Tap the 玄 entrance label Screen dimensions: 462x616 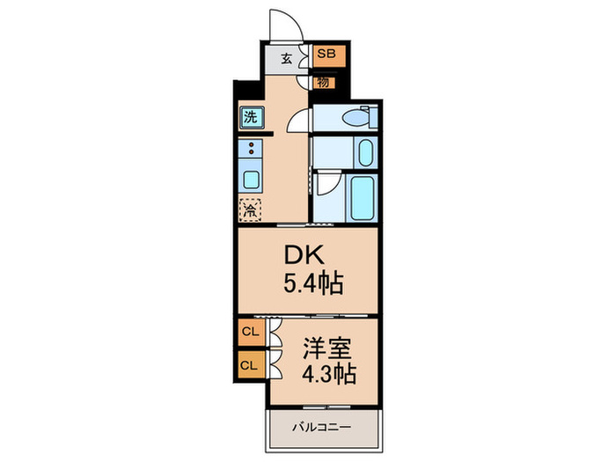pos(287,59)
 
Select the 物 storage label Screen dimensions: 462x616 pos(324,82)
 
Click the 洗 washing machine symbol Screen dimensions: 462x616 pos(251,115)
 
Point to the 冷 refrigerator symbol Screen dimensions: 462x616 pos(251,210)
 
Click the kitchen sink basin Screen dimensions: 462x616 pos(251,180)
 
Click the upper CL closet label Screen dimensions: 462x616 pos(250,332)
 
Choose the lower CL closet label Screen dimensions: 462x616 pos(250,363)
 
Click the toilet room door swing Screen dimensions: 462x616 pos(300,120)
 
